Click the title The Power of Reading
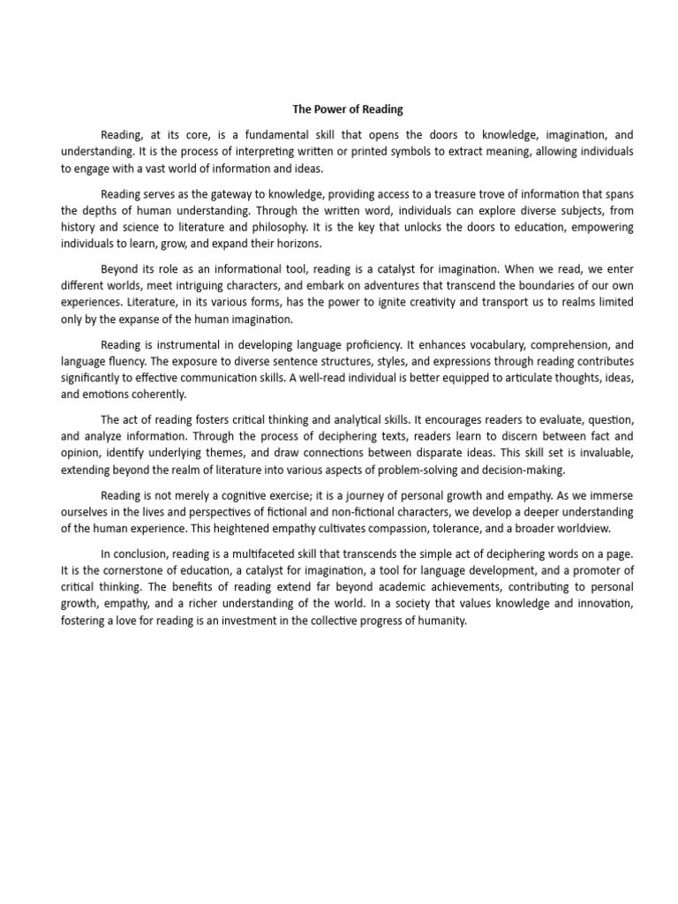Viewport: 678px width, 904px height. tap(348, 109)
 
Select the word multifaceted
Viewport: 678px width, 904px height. tap(262, 554)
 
